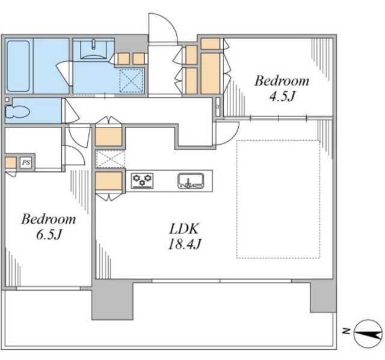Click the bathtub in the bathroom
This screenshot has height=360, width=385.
pos(19,66)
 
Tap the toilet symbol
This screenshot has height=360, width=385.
pos(17,112)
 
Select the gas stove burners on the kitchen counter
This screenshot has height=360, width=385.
pos(142,181)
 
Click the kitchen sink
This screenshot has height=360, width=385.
pos(191,181)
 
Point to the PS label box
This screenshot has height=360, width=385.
pos(26,162)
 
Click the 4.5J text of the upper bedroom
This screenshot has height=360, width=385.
pos(282,96)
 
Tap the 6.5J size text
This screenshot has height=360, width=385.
pos(49,234)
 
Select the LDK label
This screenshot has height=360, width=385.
pos(184,229)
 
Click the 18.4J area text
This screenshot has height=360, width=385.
pos(185,244)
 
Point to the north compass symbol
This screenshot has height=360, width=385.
pos(368,334)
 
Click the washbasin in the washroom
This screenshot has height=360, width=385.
pos(93,49)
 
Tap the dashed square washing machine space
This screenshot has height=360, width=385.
pos(131,81)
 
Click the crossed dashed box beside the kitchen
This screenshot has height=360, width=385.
pos(110,159)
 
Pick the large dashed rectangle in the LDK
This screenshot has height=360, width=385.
pos(278,199)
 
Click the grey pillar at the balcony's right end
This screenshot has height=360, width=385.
pos(323,296)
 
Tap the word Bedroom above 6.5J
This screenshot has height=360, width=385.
pos(48,219)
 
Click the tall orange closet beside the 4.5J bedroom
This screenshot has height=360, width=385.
pos(211,73)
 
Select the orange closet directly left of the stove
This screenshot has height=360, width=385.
pos(109,181)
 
